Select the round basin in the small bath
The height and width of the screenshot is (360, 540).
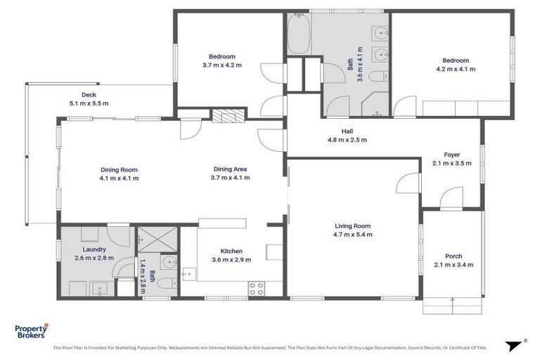coord(167,264)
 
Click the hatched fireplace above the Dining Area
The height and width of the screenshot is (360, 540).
coord(226,116)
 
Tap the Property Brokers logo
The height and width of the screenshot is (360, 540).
coord(32,331)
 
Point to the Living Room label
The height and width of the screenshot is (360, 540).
coord(352,226)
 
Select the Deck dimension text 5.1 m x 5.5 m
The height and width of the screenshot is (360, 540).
coord(89,103)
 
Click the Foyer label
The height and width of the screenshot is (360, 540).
coord(451,155)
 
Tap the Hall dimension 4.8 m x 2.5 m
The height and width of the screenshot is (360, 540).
coord(347,140)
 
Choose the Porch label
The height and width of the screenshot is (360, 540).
coord(454,256)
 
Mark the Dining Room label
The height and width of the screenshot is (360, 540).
coord(118,169)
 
